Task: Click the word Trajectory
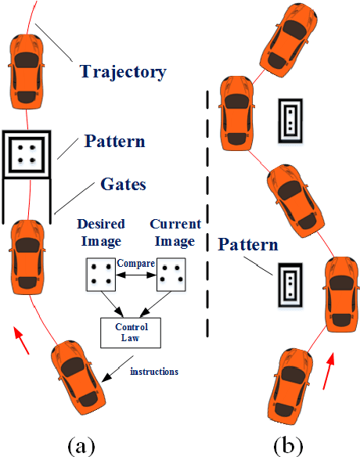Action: tap(124, 72)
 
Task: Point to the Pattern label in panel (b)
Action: tap(248, 245)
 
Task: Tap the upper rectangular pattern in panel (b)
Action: tap(290, 120)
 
